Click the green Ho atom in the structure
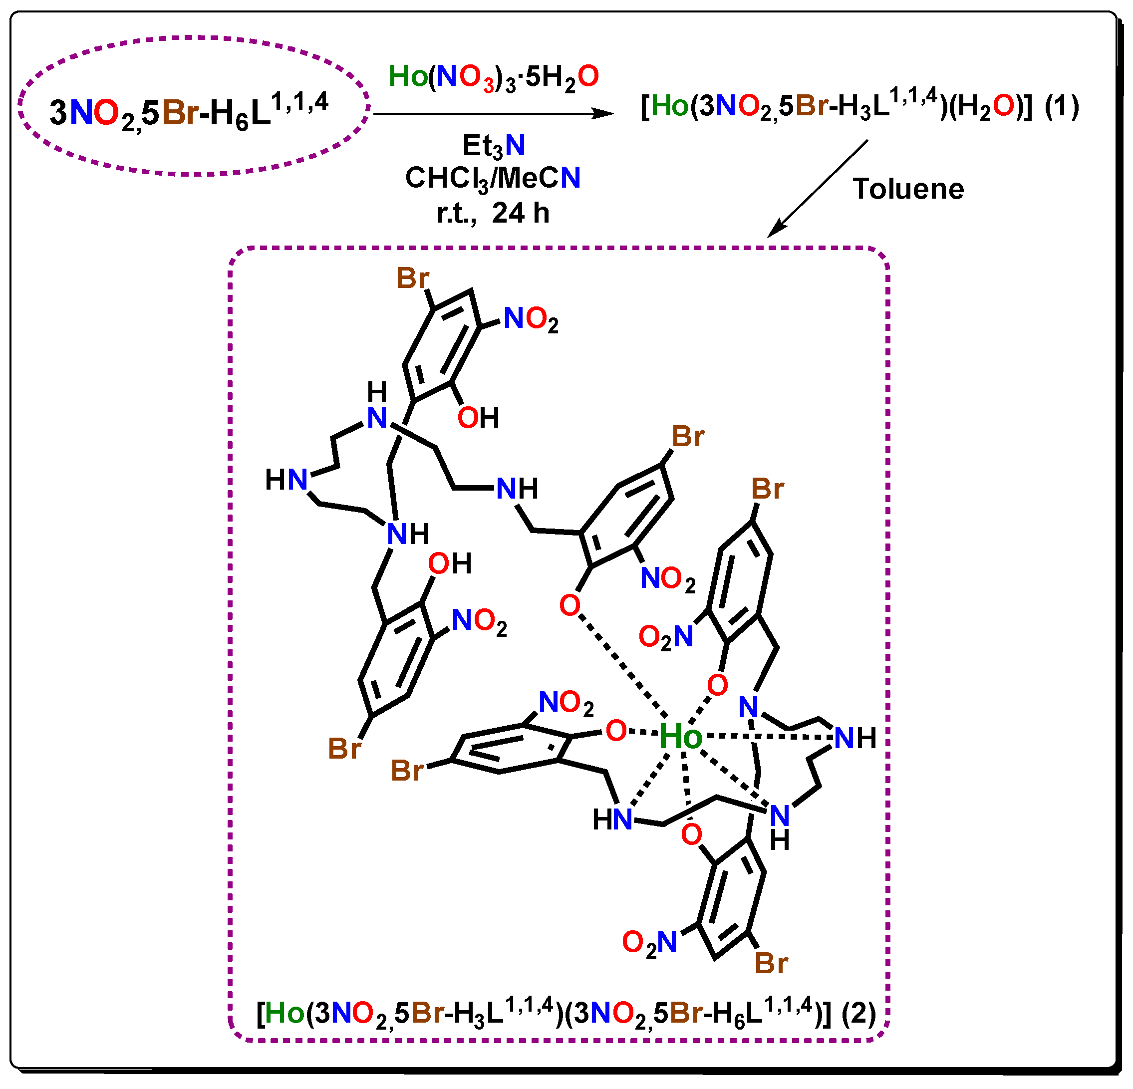680,737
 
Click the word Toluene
908,189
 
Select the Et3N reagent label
494,146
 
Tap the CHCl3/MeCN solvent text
493,178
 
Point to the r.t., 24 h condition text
493,213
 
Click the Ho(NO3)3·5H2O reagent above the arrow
494,77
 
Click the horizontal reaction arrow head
603,113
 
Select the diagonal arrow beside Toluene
818,188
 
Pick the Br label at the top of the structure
412,278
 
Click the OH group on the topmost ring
478,417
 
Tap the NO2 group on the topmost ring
531,319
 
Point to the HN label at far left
286,480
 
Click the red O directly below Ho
691,834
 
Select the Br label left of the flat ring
407,771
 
